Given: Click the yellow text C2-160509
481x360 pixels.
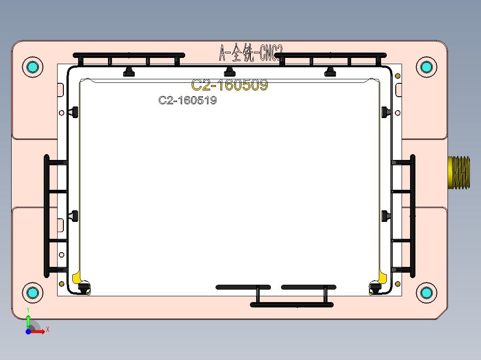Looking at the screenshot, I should [229, 85].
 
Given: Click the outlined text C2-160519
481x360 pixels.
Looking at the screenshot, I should [187, 101].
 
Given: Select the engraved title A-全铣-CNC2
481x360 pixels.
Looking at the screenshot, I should [251, 53].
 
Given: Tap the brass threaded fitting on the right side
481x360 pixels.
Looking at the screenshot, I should [459, 172].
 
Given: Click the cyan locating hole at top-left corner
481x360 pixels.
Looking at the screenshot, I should [32, 67].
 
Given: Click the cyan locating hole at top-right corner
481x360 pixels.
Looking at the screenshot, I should [426, 67].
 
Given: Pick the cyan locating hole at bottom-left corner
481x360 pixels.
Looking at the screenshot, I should [32, 292].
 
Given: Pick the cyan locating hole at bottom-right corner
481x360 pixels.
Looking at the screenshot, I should [426, 292].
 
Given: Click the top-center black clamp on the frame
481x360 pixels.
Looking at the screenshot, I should [229, 71].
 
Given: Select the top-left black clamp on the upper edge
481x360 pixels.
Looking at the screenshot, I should [129, 72].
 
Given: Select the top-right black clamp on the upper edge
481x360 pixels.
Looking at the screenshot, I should [330, 71].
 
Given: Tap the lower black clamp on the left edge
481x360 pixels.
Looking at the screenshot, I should [74, 217].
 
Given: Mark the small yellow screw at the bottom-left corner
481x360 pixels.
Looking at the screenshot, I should [62, 284].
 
